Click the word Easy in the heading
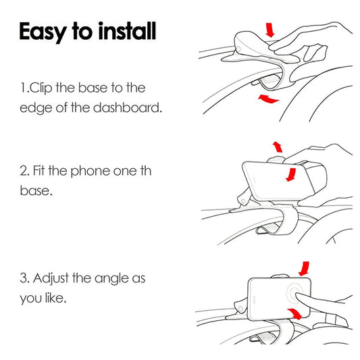pos(43,32)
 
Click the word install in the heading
pos(127,31)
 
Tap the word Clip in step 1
pos(41,88)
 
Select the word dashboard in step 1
pos(128,107)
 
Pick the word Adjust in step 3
pos(51,279)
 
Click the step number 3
pos(24,278)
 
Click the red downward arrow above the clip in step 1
pos(270,30)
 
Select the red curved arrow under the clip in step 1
pos(268,99)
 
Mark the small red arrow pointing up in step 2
pos(278,147)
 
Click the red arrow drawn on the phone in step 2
pos(291,174)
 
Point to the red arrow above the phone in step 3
pos(304,268)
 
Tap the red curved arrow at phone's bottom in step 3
pos(294,313)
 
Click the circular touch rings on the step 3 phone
pos(288,293)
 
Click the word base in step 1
pos(93,88)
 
